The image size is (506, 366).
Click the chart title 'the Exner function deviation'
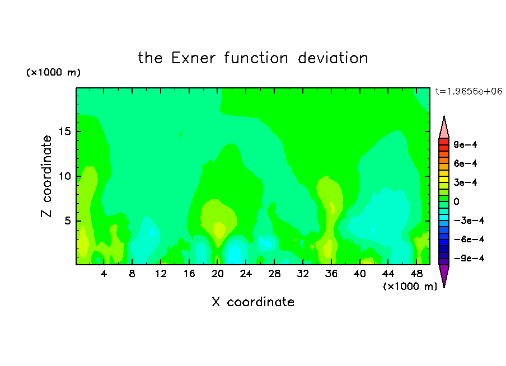coord(253,58)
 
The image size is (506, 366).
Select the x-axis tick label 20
coord(218,274)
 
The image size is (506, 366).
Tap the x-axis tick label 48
coord(416,274)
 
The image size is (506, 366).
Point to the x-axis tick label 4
coord(104,274)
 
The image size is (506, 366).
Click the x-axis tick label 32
coord(303,274)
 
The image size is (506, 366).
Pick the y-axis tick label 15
coord(65,132)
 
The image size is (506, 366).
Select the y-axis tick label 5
coord(68,220)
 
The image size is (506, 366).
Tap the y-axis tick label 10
coord(65,176)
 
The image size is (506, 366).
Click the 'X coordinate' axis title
coord(253,302)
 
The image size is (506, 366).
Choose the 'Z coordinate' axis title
coord(46,176)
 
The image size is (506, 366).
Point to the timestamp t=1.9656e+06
coord(469,91)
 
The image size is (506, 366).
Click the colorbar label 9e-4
coord(465,144)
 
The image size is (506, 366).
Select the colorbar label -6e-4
coord(469,240)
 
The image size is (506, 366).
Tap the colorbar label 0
coord(456,201)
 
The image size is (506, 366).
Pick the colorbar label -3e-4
coord(469,220)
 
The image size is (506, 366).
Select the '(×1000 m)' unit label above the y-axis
coord(53,72)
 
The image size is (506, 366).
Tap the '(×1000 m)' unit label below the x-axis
coord(410,287)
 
